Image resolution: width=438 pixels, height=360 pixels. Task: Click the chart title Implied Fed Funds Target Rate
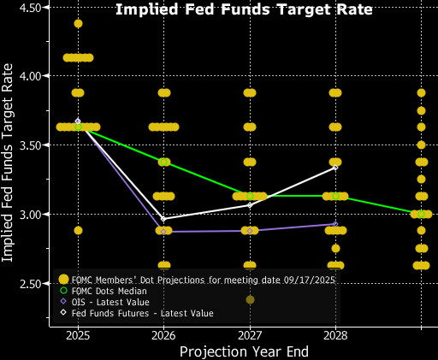pyautogui.click(x=244, y=10)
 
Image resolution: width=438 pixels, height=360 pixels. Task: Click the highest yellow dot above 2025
pyautogui.click(x=78, y=23)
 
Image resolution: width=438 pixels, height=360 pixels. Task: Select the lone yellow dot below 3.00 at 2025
pyautogui.click(x=78, y=230)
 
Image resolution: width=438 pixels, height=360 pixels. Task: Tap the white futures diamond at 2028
pyautogui.click(x=335, y=168)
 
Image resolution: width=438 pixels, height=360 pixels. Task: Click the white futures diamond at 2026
pyautogui.click(x=163, y=219)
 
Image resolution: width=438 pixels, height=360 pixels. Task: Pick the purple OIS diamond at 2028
pyautogui.click(x=335, y=224)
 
